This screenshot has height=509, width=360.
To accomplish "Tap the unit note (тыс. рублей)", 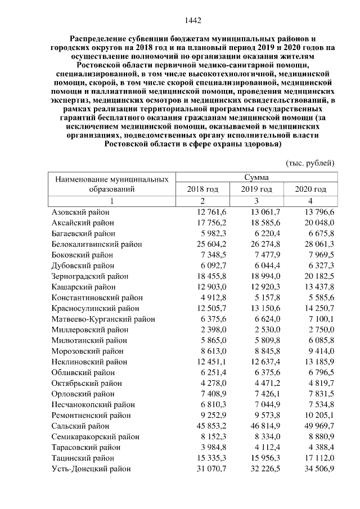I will coord(310,163).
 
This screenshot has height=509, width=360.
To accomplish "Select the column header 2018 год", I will coord(202,189).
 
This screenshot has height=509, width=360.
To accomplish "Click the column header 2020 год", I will coord(310,189).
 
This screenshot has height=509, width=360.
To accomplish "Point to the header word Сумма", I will coord(256,177).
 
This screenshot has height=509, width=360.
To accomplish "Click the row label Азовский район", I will coord(80,213).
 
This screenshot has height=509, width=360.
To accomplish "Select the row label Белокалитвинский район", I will coord(96,244).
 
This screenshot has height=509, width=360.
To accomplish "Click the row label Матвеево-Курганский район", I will coord(103,319).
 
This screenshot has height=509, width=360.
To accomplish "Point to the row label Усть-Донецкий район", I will coord(91,469).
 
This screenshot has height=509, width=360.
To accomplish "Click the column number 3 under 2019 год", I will coord(256,201).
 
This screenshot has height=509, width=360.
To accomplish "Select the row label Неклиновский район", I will coord(89,362).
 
